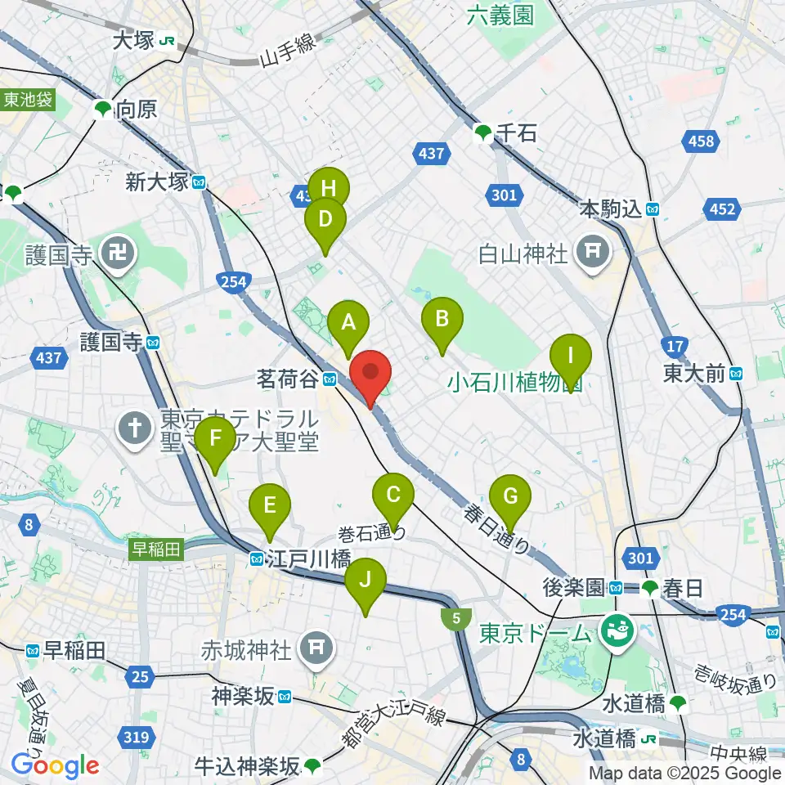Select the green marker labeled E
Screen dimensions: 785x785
coord(270,511)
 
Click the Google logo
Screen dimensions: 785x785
coord(55,766)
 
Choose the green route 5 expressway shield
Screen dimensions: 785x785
coord(455,618)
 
